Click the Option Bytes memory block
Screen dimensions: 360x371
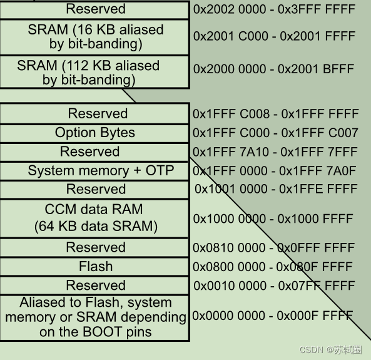pos(95,133)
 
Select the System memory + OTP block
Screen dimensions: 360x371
pos(95,171)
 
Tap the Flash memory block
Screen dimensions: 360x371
pos(95,266)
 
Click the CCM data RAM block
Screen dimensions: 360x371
pos(95,218)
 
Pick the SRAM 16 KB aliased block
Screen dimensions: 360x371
pos(95,37)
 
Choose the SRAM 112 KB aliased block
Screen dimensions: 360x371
pos(95,72)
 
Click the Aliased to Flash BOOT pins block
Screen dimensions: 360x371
pos(95,317)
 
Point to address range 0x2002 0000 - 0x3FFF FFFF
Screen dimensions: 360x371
pos(274,9)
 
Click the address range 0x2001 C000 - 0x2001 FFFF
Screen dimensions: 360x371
pos(274,37)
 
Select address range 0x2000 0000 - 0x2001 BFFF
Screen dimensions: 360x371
pos(274,69)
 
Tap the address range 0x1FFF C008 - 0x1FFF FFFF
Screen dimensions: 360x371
pos(275,114)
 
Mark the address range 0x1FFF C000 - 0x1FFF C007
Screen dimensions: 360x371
pos(275,133)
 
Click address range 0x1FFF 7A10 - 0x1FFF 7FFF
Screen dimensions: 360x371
pos(275,152)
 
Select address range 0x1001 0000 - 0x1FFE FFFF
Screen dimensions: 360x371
pos(275,189)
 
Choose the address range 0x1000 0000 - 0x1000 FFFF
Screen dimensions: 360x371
pos(273,219)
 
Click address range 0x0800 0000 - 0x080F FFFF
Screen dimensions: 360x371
pos(273,267)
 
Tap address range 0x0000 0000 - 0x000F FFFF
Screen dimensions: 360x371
pos(273,316)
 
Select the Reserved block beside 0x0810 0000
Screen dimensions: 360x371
pos(95,247)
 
